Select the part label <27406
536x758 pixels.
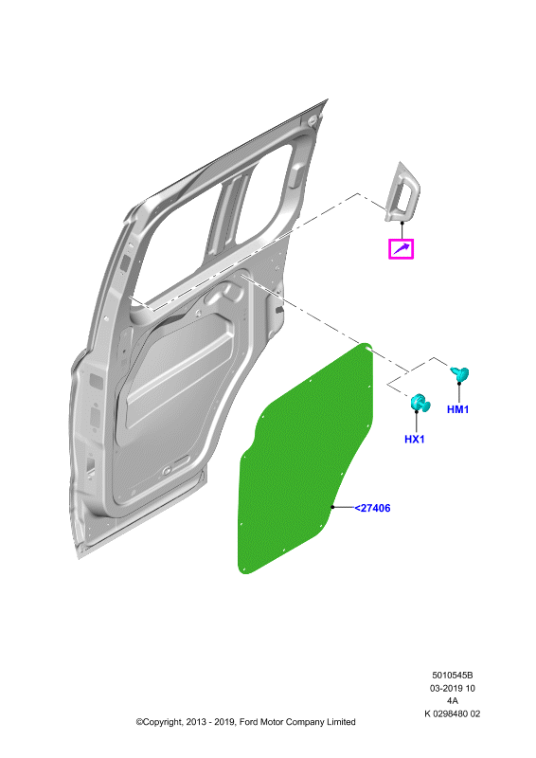tap(372, 508)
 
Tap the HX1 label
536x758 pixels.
tap(414, 439)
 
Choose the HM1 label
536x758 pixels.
tap(457, 409)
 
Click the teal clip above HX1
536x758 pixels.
tap(420, 404)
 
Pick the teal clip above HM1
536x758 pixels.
tap(459, 373)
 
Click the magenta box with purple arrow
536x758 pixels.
tap(402, 249)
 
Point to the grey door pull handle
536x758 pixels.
tap(402, 192)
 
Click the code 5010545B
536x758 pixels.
tap(453, 676)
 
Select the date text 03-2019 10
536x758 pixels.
tap(453, 688)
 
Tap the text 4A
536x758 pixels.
tap(453, 700)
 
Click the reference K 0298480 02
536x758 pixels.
tap(453, 713)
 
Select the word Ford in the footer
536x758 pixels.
tap(248, 722)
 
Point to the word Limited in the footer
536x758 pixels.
tap(341, 722)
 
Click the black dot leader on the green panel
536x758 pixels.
tap(332, 507)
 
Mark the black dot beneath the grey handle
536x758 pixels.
tap(402, 223)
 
